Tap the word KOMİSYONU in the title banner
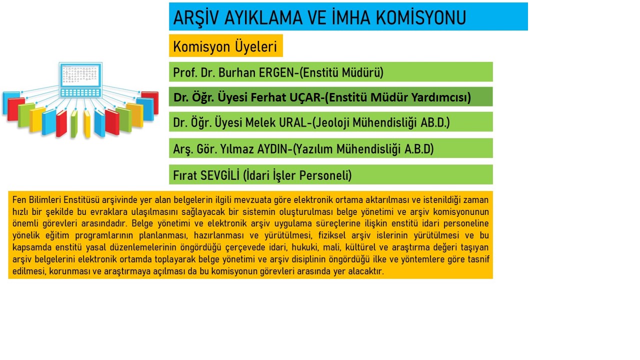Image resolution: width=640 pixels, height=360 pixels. coord(421,17)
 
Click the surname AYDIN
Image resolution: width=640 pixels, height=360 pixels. coord(273,149)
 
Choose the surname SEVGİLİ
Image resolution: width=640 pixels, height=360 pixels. coord(220,175)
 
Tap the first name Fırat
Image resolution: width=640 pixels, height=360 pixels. coord(185,175)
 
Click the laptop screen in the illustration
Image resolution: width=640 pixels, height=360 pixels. coord(80,74)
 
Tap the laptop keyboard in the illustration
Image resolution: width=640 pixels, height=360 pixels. coord(80,93)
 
